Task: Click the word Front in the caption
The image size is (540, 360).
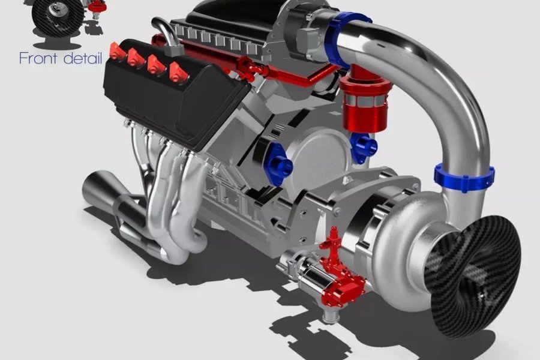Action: click(x=38, y=58)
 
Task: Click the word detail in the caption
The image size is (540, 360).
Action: click(x=83, y=58)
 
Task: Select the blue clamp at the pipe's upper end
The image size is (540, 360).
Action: click(x=344, y=38)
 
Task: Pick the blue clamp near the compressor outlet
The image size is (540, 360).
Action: click(x=464, y=178)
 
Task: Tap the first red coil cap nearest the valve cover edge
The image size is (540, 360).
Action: click(x=116, y=51)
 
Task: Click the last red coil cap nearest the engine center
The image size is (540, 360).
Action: click(x=179, y=73)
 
